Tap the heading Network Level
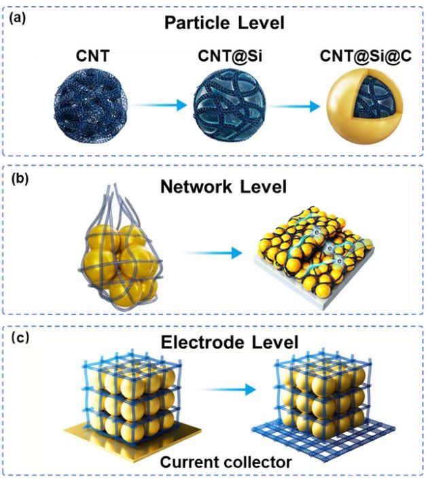tap(215, 187)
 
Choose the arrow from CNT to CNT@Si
tap(158, 106)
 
